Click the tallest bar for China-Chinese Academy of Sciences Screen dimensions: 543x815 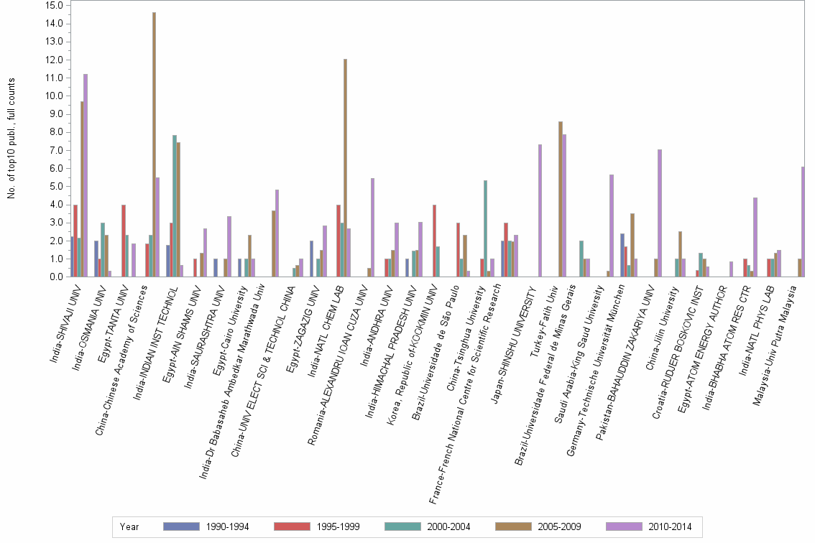tap(154, 144)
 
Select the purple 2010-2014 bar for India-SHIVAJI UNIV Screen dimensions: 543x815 tap(86, 175)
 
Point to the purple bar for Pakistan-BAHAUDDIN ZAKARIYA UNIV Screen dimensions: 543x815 tap(659, 213)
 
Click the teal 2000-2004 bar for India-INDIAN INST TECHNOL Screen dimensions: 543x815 tap(175, 205)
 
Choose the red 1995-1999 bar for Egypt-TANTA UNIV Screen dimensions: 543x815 tap(124, 241)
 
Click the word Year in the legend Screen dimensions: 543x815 tap(129, 526)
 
